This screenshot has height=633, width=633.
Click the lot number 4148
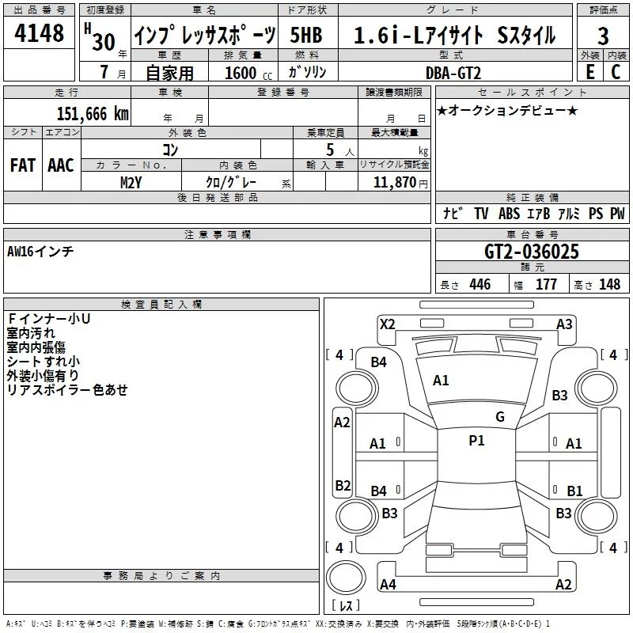click(x=39, y=32)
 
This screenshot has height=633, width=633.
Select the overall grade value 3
click(x=603, y=36)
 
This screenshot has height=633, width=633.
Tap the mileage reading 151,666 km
click(x=93, y=114)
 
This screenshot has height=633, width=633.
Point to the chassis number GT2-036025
click(x=531, y=252)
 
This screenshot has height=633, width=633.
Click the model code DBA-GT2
click(x=453, y=73)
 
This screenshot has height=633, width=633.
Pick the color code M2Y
click(x=131, y=183)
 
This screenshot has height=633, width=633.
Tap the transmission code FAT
click(x=23, y=165)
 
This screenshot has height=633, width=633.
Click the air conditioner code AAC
click(x=61, y=165)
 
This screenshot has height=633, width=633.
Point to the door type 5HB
click(x=306, y=35)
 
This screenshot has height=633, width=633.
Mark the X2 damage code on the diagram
click(x=387, y=324)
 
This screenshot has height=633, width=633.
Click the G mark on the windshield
click(x=500, y=416)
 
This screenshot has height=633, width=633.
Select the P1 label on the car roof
click(x=476, y=441)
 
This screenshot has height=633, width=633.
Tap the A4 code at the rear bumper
click(x=388, y=584)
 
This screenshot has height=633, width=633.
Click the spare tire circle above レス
click(x=346, y=577)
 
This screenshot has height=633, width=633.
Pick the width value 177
click(x=546, y=284)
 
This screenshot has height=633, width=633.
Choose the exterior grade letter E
click(x=590, y=72)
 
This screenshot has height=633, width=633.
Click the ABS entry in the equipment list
click(x=509, y=213)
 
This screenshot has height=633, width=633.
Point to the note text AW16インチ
click(x=40, y=252)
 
